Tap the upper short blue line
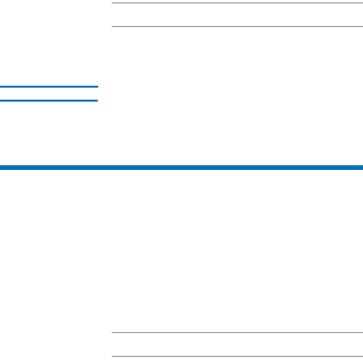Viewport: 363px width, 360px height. [x=49, y=87]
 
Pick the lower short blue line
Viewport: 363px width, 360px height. [x=49, y=100]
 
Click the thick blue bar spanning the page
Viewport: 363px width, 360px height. [x=181, y=168]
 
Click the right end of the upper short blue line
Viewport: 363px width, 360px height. [x=97, y=87]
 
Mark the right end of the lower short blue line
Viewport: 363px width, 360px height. [x=97, y=100]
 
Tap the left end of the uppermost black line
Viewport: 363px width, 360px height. [x=112, y=3]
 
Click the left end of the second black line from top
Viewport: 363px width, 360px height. [x=112, y=27]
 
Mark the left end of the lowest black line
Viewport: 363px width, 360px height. [x=112, y=356]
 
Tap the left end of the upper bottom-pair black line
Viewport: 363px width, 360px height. [x=112, y=332]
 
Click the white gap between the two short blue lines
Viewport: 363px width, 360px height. [x=49, y=93]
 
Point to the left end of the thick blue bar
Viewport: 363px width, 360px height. [x=1, y=168]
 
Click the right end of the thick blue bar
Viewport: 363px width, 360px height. [x=361, y=168]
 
